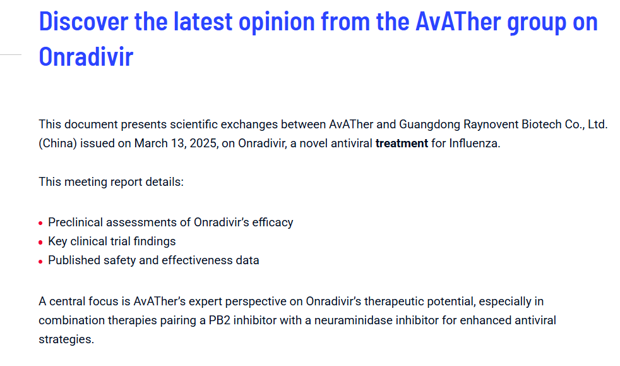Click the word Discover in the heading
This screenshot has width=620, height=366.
83,21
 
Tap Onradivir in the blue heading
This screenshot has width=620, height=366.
86,57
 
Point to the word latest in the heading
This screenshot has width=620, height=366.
203,21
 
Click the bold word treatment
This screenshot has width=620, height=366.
402,143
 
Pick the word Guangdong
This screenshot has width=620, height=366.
429,125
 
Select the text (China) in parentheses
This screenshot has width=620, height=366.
57,143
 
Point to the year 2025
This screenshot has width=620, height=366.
203,143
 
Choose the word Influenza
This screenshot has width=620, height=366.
475,143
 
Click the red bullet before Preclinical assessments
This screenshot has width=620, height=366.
40,224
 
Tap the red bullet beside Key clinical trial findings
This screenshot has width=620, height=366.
40,243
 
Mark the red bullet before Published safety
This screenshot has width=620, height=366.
40,262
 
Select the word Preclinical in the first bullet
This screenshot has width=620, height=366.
76,223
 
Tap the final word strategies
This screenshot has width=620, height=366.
66,339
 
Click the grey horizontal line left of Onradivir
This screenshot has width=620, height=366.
11,54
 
